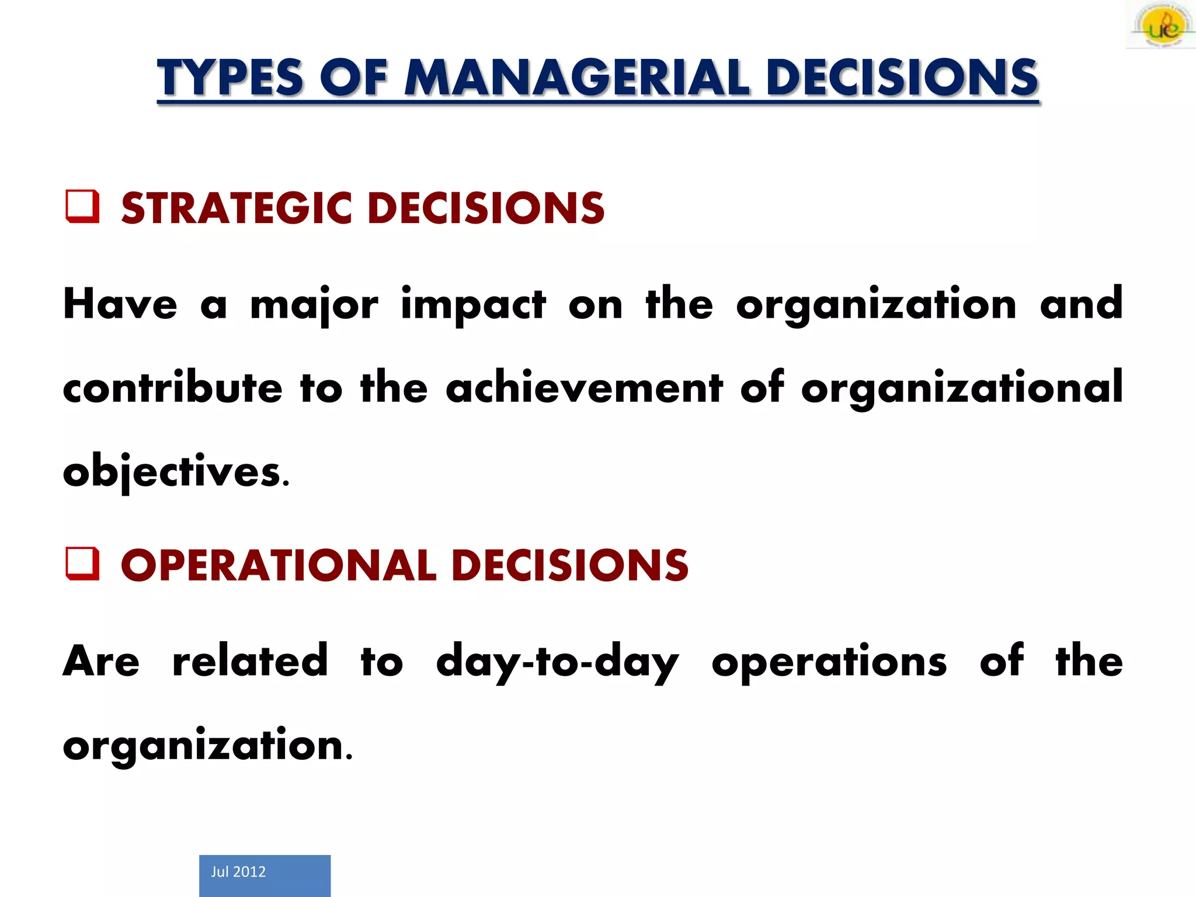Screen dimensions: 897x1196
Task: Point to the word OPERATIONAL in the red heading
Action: coord(279,565)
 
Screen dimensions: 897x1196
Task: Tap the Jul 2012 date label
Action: coord(238,871)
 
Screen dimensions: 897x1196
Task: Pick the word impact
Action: coord(473,305)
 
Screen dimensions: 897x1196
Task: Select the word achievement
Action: coord(584,388)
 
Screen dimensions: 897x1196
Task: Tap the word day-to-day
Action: coord(558,662)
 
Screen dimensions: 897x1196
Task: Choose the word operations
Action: coord(829,662)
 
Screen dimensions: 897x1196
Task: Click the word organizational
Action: coord(962,388)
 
